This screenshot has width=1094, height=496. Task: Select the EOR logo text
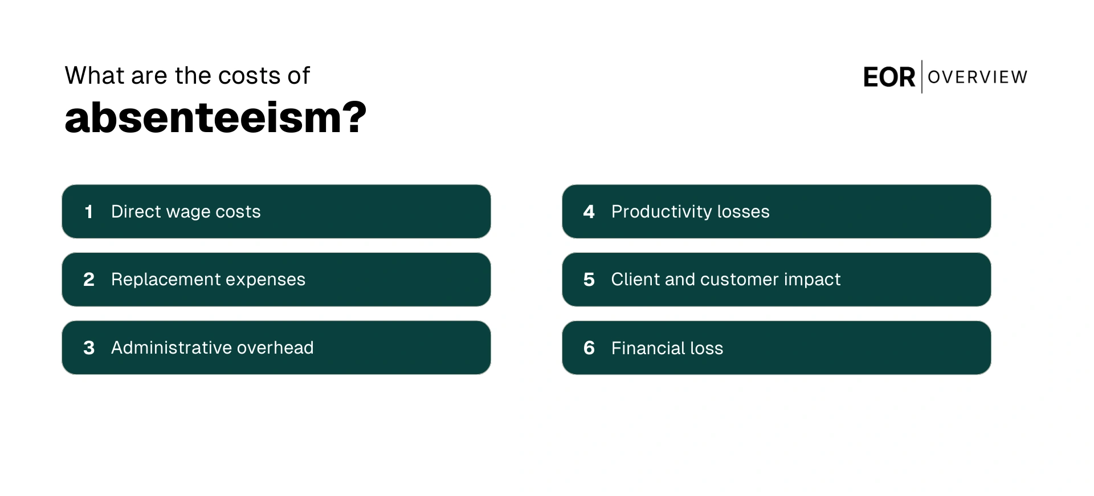click(x=889, y=77)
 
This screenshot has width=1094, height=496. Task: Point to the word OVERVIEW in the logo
click(x=977, y=77)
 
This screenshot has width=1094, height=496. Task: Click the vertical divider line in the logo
click(x=922, y=77)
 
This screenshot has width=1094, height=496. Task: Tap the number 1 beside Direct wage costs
click(x=89, y=212)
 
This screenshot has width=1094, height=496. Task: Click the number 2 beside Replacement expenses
click(x=89, y=280)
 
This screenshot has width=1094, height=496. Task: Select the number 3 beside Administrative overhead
click(x=89, y=348)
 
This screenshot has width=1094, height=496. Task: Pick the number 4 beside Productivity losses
click(x=589, y=212)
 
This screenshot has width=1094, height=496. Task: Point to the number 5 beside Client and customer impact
click(x=589, y=280)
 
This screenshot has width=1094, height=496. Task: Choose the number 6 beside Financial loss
click(x=589, y=348)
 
